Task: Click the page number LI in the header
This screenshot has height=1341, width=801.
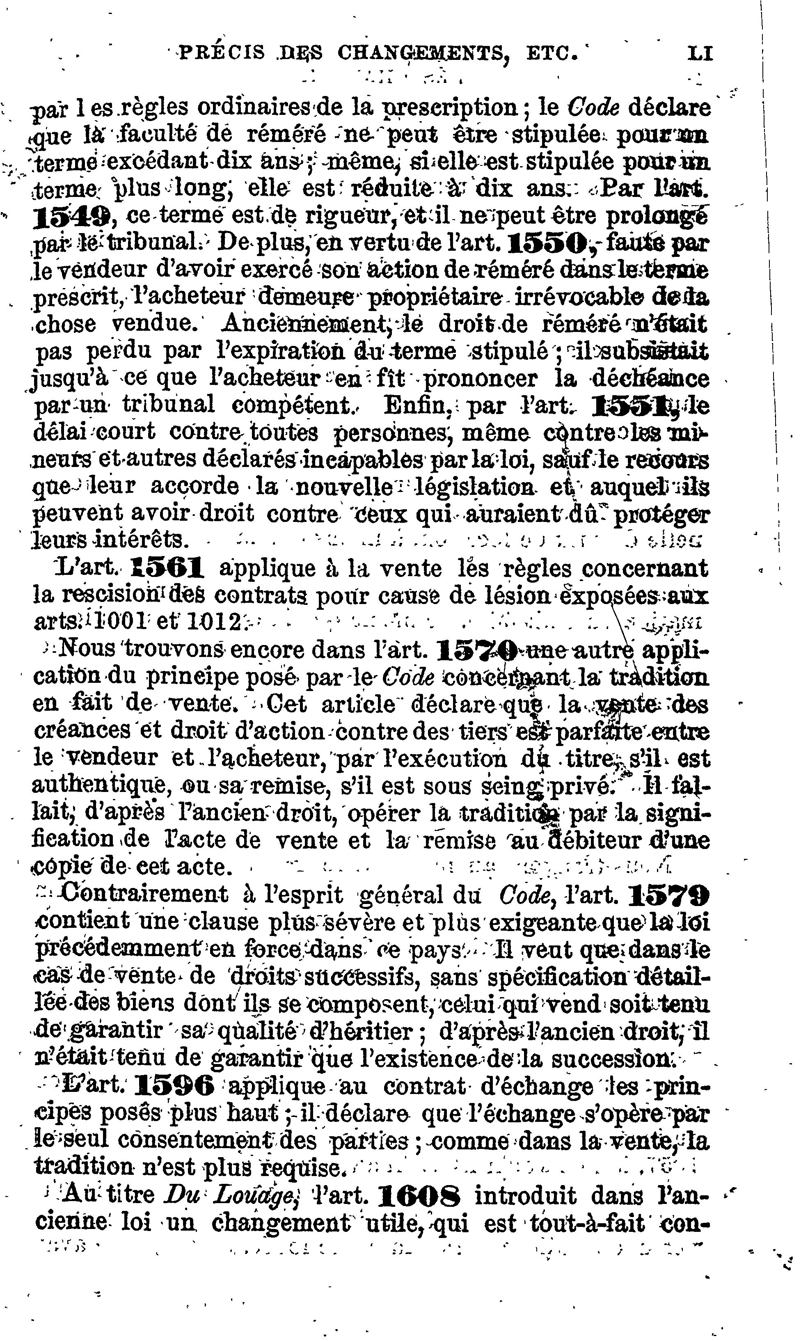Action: tap(700, 53)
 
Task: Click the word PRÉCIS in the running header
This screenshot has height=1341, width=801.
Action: tap(222, 53)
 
